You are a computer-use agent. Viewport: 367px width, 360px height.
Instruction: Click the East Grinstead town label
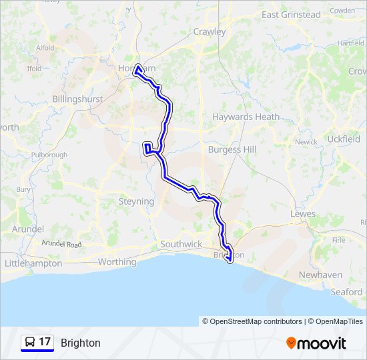click(x=291, y=15)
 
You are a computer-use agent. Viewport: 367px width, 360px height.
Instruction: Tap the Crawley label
click(x=210, y=31)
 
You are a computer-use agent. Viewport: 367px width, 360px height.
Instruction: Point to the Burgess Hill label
click(x=232, y=150)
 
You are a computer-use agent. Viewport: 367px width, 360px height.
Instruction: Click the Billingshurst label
click(x=77, y=99)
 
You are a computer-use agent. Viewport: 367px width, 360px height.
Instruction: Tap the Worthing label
click(x=117, y=262)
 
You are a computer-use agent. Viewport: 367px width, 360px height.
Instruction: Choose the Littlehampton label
click(x=33, y=263)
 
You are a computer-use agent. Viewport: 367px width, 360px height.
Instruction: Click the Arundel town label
click(x=27, y=229)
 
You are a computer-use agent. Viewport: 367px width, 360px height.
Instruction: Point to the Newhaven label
click(x=320, y=275)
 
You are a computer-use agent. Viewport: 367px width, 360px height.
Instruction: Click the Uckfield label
click(x=344, y=139)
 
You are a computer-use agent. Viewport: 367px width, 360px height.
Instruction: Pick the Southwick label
click(x=181, y=244)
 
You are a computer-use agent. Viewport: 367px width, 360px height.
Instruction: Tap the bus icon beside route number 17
click(x=29, y=342)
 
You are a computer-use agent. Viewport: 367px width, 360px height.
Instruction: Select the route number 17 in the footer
click(x=45, y=342)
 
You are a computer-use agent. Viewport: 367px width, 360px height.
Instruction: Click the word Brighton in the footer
click(x=80, y=343)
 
